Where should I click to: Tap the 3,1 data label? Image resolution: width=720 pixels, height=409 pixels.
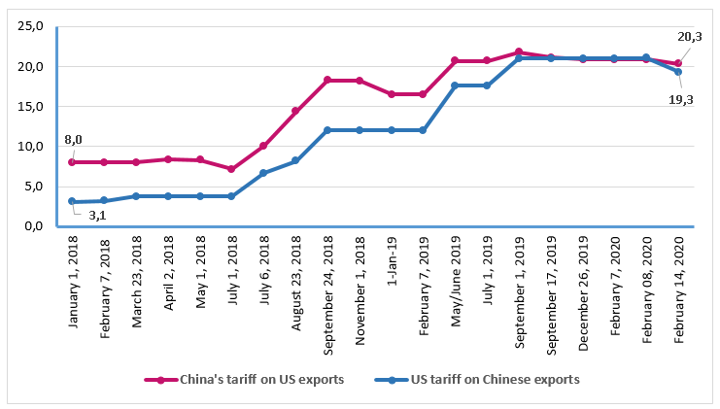point(97,216)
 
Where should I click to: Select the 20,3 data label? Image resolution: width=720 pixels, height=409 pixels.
point(690,36)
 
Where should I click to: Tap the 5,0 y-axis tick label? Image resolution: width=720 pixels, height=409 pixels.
point(32,186)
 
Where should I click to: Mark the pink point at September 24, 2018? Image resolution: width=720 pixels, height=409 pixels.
point(327,80)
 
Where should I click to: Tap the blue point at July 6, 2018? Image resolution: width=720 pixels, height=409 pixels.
point(263,173)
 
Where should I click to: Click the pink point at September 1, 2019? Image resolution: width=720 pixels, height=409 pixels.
point(519,51)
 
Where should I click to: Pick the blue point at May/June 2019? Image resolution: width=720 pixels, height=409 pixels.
point(455,85)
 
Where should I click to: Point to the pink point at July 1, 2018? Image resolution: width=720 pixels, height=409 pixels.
point(231,169)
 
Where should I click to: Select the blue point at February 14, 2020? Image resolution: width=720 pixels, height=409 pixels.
point(678,72)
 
